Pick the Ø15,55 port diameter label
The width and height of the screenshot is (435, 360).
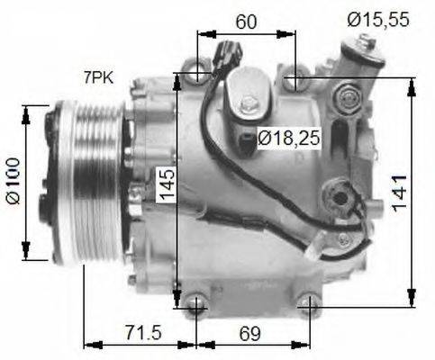tap(377, 17)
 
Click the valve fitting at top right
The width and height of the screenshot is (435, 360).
tap(366, 54)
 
